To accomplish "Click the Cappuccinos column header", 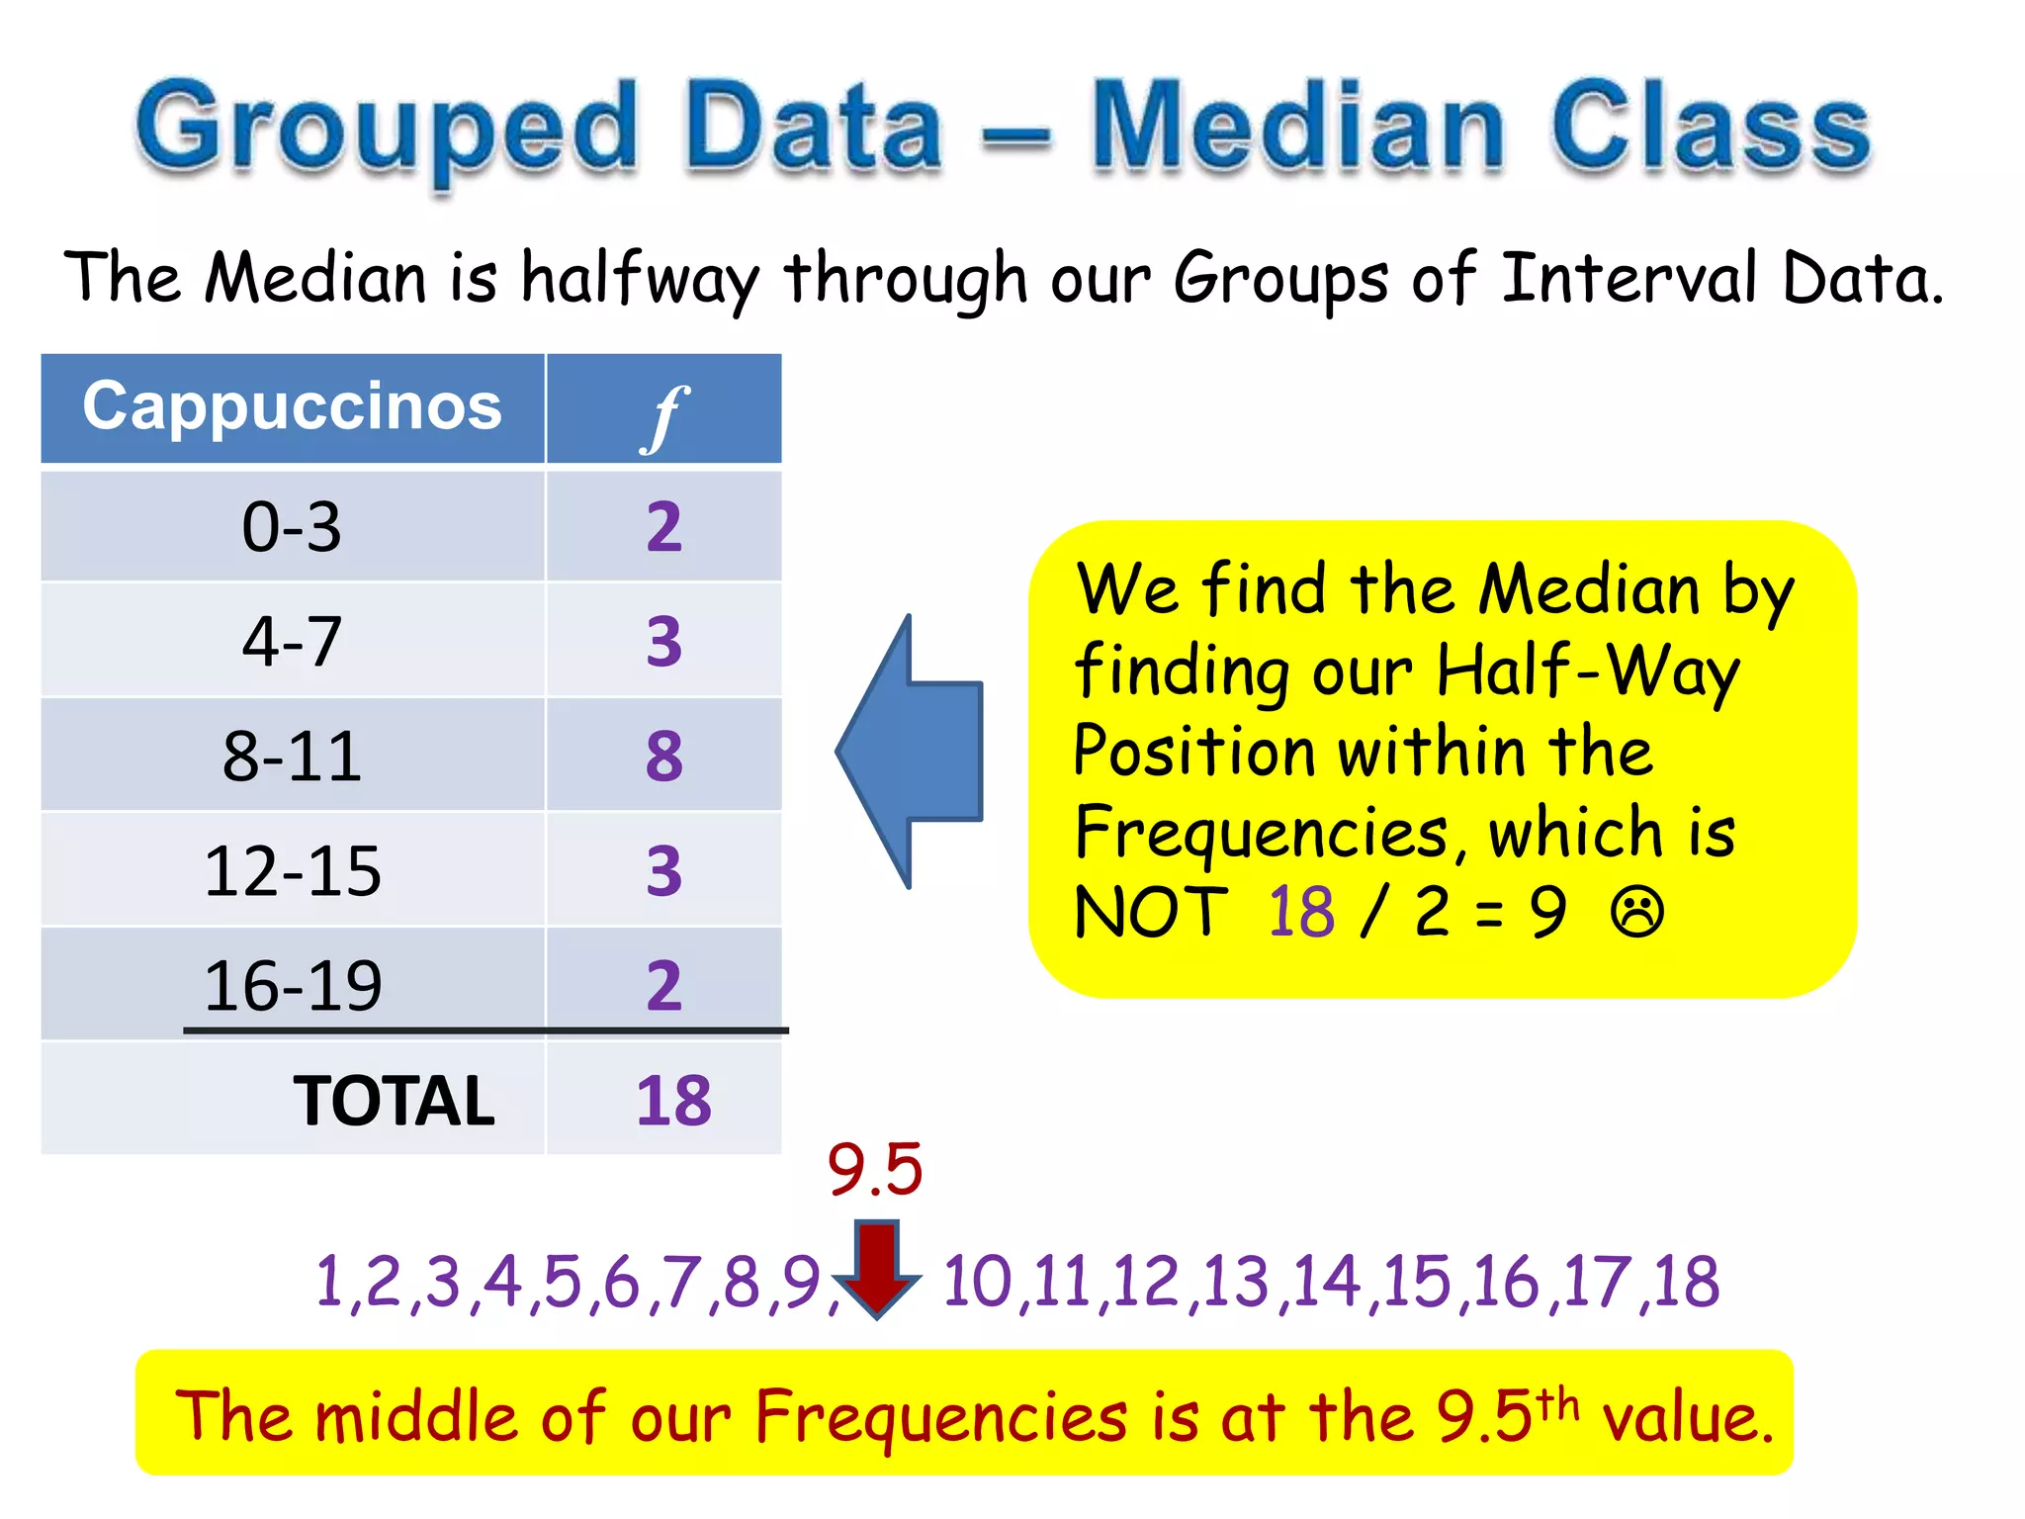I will [292, 406].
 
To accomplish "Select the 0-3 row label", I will [292, 526].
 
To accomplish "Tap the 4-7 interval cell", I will [292, 641].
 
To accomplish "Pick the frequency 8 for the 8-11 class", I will [664, 757].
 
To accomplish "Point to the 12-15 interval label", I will [292, 871].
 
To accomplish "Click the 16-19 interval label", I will [292, 986].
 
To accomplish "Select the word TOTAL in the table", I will [394, 1101].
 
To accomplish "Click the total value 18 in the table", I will [673, 1101].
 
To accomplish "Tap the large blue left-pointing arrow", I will [910, 752].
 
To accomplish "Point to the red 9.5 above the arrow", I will [875, 1170].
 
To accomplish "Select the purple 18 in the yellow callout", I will [1301, 912].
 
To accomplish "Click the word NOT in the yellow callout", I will [1150, 912].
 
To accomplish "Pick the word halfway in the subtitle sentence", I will [640, 278].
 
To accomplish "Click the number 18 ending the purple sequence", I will [1686, 1282].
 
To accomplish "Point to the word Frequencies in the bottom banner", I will [940, 1416].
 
